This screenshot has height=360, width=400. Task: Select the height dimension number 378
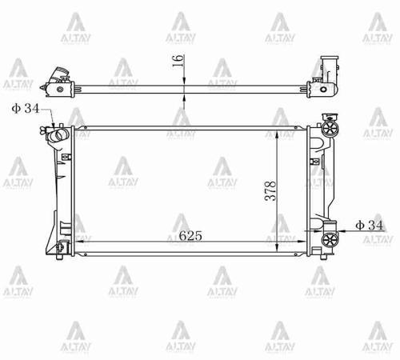point(272,190)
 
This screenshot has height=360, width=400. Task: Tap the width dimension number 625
point(190,236)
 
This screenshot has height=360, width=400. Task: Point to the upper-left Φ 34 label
point(25,108)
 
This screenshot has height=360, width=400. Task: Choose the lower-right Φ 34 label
point(369,226)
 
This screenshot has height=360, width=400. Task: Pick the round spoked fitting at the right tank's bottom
point(327,242)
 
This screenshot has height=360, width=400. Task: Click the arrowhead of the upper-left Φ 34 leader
point(54,126)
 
